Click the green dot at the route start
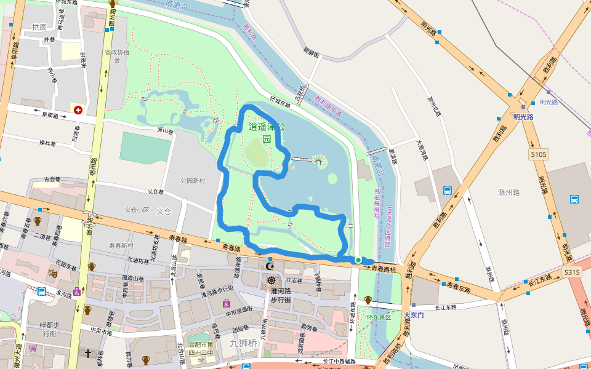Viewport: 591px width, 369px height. pyautogui.click(x=358, y=260)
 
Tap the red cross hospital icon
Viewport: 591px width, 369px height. pyautogui.click(x=78, y=110)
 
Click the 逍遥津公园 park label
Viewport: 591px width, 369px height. pyautogui.click(x=267, y=132)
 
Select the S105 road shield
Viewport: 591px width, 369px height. pyautogui.click(x=537, y=155)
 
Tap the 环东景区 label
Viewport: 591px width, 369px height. pyautogui.click(x=379, y=317)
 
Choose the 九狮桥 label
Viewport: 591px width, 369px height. pyautogui.click(x=243, y=343)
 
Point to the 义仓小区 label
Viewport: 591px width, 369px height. pyautogui.click(x=137, y=210)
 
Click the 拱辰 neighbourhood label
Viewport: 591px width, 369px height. pyautogui.click(x=39, y=27)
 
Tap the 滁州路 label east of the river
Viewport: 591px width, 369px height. pyautogui.click(x=509, y=192)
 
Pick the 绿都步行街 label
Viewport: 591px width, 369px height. pyautogui.click(x=50, y=329)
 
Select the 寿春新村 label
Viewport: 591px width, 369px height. pyautogui.click(x=121, y=245)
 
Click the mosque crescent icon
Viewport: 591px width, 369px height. pyautogui.click(x=270, y=266)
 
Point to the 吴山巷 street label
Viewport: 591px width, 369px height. pyautogui.click(x=166, y=130)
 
